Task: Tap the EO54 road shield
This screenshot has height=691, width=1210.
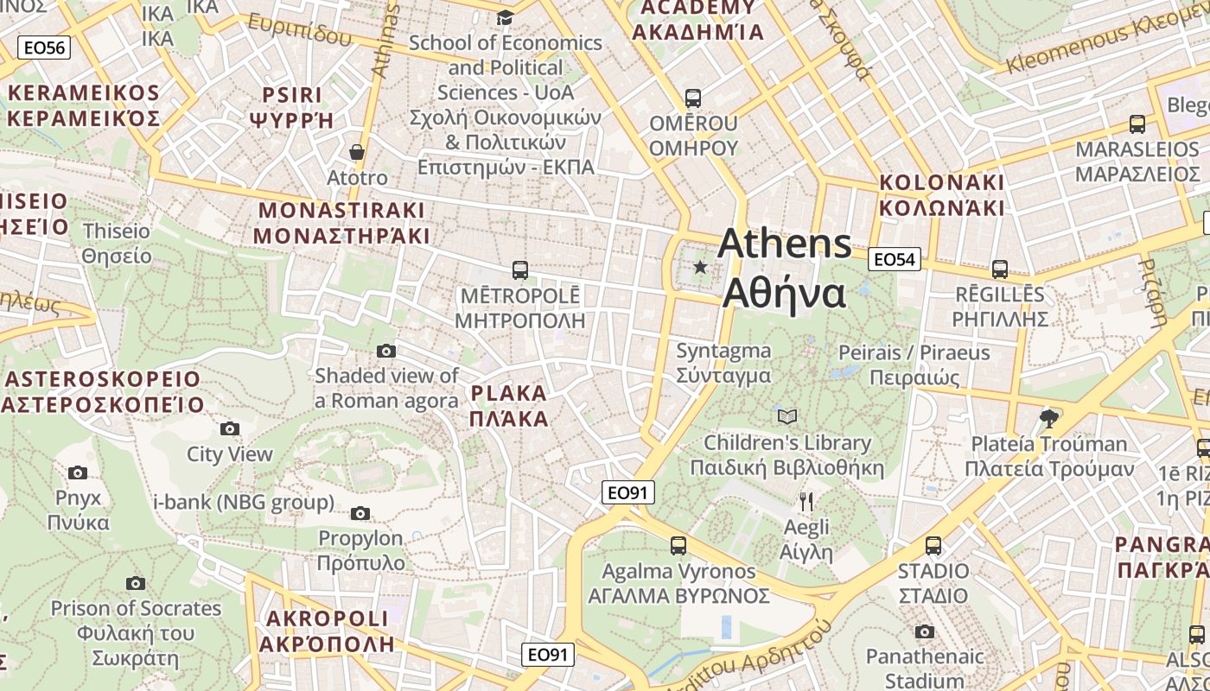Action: click(895, 258)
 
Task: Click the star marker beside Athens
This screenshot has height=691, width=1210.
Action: click(700, 268)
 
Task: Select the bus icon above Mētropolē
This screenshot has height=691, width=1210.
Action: click(520, 270)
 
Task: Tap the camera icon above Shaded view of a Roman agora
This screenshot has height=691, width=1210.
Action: click(386, 351)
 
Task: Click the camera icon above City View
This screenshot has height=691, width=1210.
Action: click(230, 428)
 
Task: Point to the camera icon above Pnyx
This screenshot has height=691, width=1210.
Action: click(78, 472)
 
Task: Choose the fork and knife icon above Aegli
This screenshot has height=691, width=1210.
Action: click(806, 502)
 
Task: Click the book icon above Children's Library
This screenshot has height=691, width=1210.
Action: click(787, 417)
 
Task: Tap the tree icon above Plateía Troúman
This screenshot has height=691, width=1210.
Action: click(1049, 419)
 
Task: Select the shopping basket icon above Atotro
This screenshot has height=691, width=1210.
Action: click(356, 152)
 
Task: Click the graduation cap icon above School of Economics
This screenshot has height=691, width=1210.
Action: click(505, 17)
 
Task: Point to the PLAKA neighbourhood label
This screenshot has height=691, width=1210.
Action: click(509, 406)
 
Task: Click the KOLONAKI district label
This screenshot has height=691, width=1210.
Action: click(942, 195)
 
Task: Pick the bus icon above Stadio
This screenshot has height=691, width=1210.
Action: click(933, 546)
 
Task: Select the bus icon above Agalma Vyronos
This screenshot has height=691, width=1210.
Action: click(678, 546)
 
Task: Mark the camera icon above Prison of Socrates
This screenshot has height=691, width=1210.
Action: click(136, 583)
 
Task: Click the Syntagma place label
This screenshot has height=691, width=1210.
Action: click(723, 363)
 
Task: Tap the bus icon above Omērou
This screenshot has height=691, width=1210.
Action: click(693, 98)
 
